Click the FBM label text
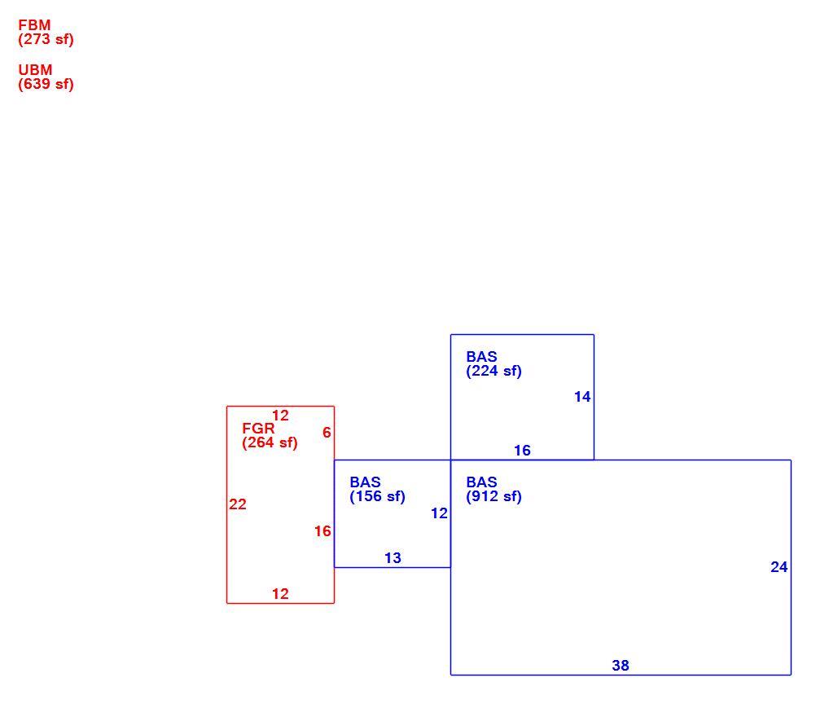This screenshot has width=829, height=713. (x=34, y=25)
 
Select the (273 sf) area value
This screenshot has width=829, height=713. (x=46, y=40)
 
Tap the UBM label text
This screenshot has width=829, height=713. (x=35, y=70)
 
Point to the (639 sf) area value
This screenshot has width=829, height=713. (x=46, y=85)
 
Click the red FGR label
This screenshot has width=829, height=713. (x=258, y=429)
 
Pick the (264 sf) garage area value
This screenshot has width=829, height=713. (x=270, y=442)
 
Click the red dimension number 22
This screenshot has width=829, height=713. (x=238, y=504)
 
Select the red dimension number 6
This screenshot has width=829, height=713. (x=327, y=433)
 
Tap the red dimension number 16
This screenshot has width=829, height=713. (x=322, y=531)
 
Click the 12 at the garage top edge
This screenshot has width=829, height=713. (x=280, y=416)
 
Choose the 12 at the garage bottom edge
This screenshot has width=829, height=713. (x=280, y=594)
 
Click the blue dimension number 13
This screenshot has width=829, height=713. (x=393, y=558)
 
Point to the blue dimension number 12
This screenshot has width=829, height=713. (x=440, y=513)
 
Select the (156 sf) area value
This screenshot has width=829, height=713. (x=378, y=497)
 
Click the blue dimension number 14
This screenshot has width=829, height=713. (x=582, y=397)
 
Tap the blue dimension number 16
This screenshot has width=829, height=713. (x=522, y=451)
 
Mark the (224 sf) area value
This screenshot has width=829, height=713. (x=493, y=372)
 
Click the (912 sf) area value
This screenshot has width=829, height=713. (x=493, y=497)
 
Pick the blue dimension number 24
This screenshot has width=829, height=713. (x=779, y=567)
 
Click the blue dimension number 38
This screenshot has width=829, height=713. (x=621, y=666)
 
